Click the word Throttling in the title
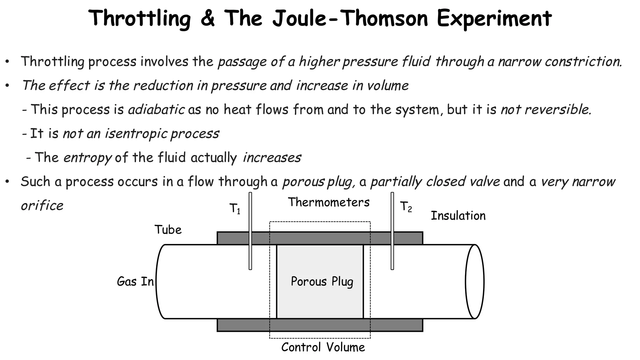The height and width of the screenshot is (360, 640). point(139,19)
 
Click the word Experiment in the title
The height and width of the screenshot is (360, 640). point(494,19)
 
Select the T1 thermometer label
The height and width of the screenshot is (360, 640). point(235,209)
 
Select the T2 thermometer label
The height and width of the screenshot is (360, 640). point(406,207)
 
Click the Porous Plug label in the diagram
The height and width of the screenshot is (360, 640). point(322,282)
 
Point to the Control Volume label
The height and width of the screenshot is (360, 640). point(323,347)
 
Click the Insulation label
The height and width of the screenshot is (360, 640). point(458,216)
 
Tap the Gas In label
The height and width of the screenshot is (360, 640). point(135,282)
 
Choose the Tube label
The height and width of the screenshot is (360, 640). point(168,230)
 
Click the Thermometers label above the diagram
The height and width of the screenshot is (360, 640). point(328,202)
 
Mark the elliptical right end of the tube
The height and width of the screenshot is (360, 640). point(475,282)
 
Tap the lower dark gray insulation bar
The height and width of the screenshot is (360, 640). point(320,325)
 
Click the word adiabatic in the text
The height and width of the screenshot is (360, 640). point(156,110)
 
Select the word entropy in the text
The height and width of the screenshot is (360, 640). point(87,158)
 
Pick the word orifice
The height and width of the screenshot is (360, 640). point(42,206)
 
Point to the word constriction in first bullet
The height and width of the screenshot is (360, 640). point(583,62)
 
